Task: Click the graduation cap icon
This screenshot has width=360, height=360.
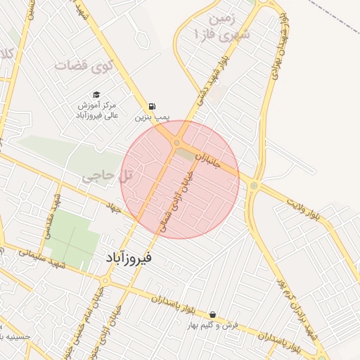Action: click(x=96, y=94)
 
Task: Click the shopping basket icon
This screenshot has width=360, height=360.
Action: click(x=212, y=314)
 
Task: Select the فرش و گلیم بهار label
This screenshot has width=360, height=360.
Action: click(x=213, y=326)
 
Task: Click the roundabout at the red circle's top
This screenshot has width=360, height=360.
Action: click(x=176, y=143)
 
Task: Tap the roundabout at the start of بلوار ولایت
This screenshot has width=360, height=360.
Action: click(x=254, y=186)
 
